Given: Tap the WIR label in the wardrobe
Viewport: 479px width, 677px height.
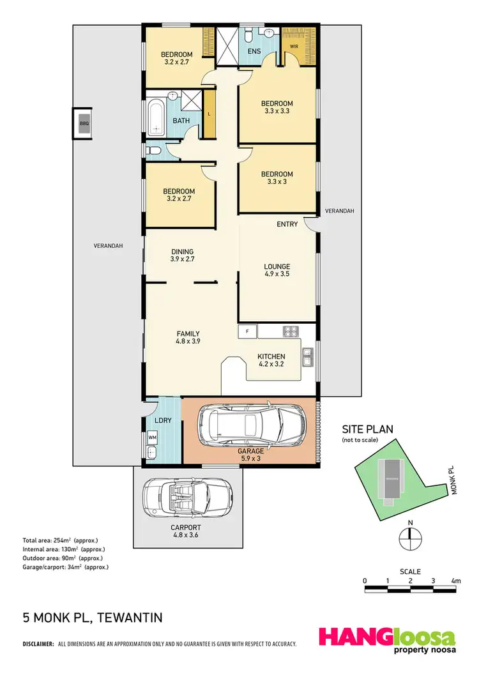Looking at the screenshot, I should pos(294,47).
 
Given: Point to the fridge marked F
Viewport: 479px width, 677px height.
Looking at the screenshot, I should pos(247,331).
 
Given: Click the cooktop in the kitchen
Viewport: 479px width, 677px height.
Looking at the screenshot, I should pos(291,331).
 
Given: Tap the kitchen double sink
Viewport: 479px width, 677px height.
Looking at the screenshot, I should pos(307,358).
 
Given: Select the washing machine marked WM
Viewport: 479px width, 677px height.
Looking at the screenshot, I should pos(153,437).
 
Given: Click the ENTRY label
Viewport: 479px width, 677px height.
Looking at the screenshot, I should pos(287,224).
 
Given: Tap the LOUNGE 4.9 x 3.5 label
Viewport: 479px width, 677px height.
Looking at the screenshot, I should pos(277,271).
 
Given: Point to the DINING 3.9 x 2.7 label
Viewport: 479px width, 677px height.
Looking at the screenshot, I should pos(182,255).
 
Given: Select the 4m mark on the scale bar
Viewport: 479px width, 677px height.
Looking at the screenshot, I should pos(456,581).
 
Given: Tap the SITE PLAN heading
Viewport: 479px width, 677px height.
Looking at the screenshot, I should pos(368,429).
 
